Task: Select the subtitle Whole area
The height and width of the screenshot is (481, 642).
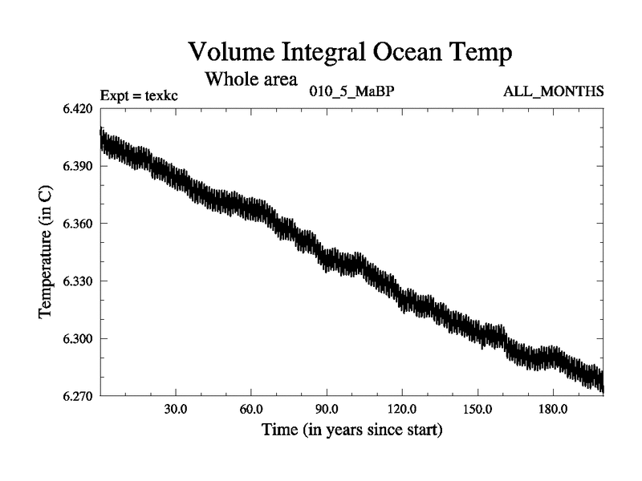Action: pyautogui.click(x=251, y=79)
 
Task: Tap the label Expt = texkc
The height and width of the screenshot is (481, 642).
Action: pyautogui.click(x=138, y=95)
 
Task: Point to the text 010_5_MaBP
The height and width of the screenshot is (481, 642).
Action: pyautogui.click(x=351, y=91)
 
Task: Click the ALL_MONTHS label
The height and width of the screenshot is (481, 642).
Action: pyautogui.click(x=553, y=91)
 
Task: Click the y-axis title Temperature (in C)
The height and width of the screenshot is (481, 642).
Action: pyautogui.click(x=46, y=252)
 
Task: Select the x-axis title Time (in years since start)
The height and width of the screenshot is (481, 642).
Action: pyautogui.click(x=351, y=430)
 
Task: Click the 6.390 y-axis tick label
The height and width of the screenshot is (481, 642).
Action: pyautogui.click(x=79, y=167)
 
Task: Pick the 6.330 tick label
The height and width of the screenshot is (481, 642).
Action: pyautogui.click(x=79, y=281)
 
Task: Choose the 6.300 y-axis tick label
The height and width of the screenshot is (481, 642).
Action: pyautogui.click(x=79, y=339)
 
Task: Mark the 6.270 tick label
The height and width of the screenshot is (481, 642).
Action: pyautogui.click(x=79, y=396)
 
